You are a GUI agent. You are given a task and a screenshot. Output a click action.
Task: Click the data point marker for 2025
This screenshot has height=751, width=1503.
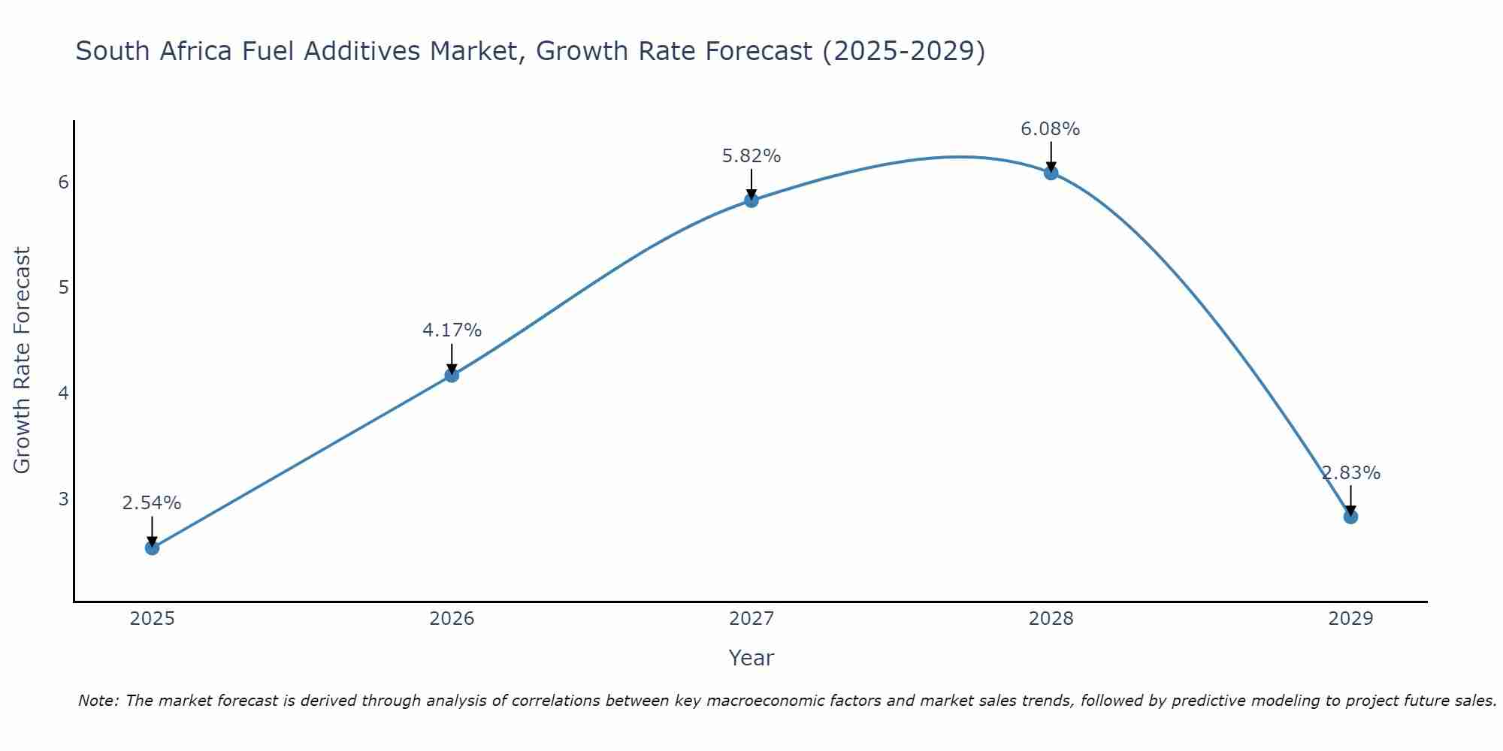152,547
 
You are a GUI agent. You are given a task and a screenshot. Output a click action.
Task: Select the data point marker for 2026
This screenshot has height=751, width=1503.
452,375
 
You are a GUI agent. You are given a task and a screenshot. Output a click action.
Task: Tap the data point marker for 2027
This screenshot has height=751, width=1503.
751,200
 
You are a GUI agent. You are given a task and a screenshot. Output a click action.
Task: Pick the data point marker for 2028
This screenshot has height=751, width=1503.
1051,173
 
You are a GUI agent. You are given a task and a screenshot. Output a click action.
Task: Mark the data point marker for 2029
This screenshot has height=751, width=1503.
1350,517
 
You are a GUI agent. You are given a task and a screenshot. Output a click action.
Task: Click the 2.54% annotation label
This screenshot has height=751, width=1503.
152,503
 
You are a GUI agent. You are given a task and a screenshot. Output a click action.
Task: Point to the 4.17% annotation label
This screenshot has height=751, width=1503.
452,330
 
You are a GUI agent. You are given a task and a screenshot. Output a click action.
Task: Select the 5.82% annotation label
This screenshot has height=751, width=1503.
751,156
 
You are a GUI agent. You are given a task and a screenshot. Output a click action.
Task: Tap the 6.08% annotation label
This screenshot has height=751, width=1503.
1051,129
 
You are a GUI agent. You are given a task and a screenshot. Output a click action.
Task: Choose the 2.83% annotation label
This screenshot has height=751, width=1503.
1350,473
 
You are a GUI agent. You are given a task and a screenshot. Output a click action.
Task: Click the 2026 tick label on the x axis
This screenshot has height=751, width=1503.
452,619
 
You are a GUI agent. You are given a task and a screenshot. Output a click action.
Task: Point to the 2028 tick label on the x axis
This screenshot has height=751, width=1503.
1051,619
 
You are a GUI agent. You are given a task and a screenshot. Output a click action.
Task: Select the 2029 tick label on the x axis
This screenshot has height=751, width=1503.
1350,619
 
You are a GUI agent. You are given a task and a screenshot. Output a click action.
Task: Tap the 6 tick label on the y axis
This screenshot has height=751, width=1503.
63,182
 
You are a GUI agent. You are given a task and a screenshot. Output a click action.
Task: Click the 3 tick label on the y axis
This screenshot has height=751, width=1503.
63,499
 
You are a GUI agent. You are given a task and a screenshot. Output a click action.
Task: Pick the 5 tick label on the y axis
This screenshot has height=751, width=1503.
63,288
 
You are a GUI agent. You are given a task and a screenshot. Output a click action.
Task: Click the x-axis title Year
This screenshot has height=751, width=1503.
751,658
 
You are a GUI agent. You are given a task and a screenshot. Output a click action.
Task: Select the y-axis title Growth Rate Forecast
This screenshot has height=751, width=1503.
23,360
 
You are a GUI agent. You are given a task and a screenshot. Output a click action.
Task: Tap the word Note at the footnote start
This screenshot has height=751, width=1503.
98,701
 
